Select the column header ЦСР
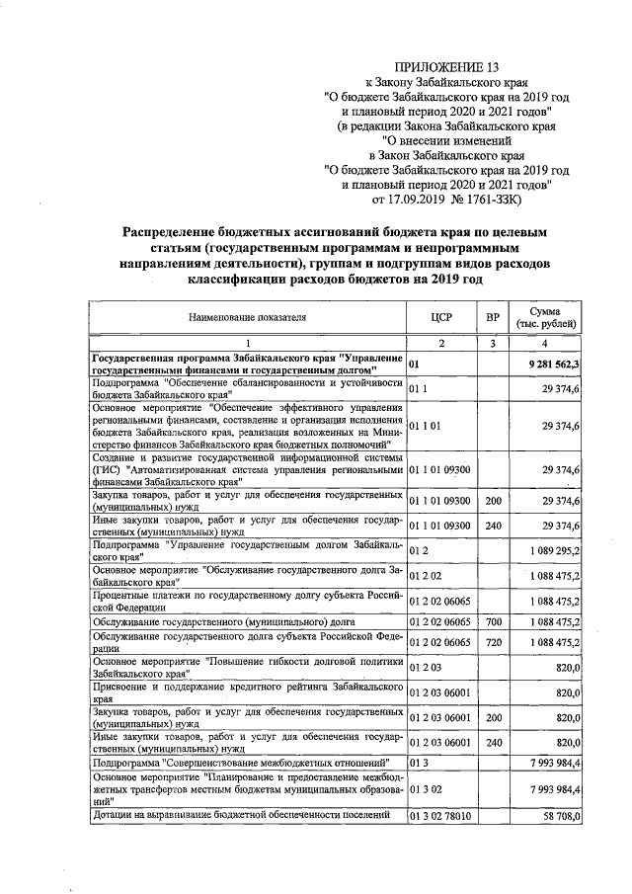[441, 317]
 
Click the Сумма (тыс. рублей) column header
[545, 317]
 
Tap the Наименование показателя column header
[248, 317]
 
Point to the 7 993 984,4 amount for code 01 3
[549, 763]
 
